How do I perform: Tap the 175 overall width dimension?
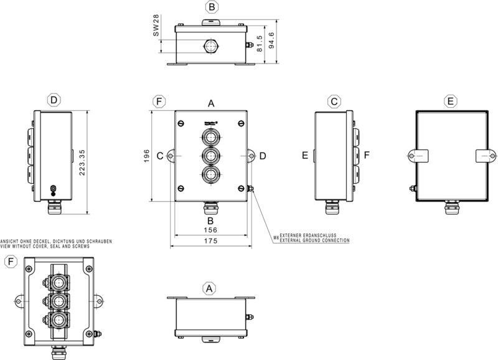[x=211, y=242]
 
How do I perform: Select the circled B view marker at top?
[x=211, y=7]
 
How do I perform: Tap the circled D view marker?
[x=54, y=101]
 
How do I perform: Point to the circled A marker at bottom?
[x=210, y=288]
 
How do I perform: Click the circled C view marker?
[x=334, y=101]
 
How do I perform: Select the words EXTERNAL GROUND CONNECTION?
[x=314, y=240]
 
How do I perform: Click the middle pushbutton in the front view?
[x=211, y=155]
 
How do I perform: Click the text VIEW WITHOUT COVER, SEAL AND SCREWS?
[x=45, y=247]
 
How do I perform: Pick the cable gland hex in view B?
[x=210, y=46]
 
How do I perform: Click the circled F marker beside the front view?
[x=159, y=101]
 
